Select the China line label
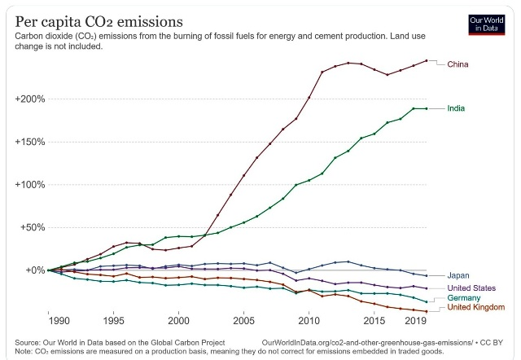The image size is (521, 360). coord(458,64)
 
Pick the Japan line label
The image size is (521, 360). coord(459,276)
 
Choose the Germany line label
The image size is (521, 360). coord(465,298)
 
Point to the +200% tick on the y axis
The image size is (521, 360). coord(29,99)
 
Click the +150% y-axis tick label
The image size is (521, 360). coord(29,142)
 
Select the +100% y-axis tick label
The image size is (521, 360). coord(29,184)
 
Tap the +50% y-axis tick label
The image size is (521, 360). coord(32,227)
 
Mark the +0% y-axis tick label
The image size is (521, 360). coord(34,270)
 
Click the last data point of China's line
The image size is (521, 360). coord(427,60)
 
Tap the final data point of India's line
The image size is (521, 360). coord(427,108)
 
